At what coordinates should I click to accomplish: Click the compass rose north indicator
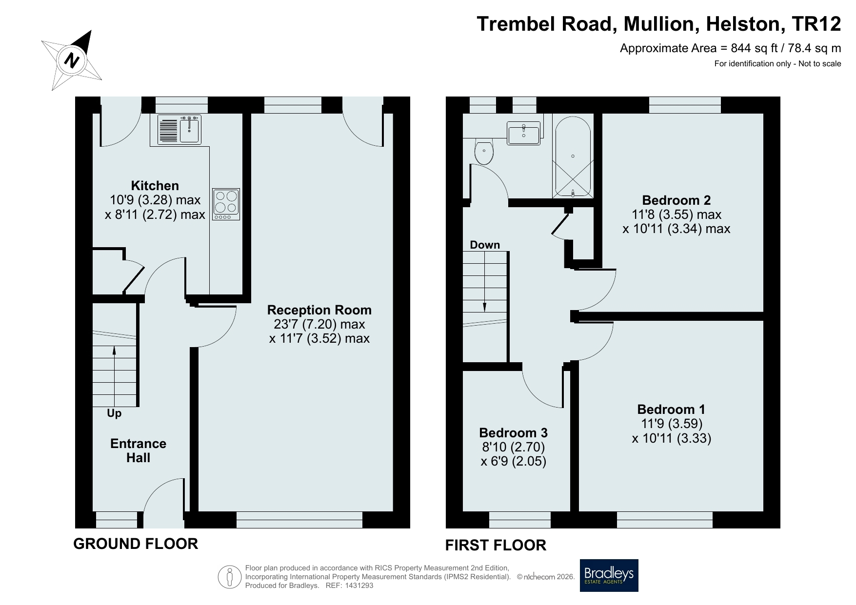click(x=72, y=60)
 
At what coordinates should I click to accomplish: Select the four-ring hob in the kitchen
click(x=226, y=204)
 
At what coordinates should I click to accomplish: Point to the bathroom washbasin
click(x=524, y=133)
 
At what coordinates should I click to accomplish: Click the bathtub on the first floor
click(x=573, y=156)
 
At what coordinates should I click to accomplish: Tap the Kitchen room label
click(x=155, y=186)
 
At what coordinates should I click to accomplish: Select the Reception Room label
click(x=319, y=310)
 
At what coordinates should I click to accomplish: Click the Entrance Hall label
click(x=139, y=450)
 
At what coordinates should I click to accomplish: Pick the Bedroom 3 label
click(x=514, y=432)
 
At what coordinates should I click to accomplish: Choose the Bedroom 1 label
click(x=671, y=410)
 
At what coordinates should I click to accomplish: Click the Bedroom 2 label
click(x=677, y=200)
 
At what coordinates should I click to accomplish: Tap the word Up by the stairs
click(x=114, y=413)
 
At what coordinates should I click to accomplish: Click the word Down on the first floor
click(x=485, y=245)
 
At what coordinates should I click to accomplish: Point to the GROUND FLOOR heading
click(x=136, y=544)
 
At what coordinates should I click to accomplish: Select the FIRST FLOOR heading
click(x=496, y=545)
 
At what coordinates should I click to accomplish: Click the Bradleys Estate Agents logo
click(x=609, y=575)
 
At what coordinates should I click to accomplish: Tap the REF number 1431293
click(x=358, y=585)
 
